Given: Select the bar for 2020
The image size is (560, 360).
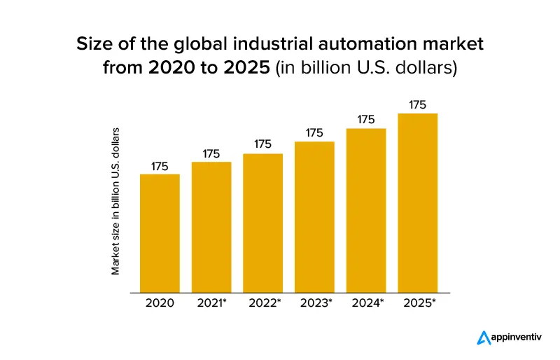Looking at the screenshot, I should (160, 233).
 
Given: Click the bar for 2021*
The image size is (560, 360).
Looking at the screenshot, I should (211, 227).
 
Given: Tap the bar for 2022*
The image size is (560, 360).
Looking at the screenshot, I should (262, 223).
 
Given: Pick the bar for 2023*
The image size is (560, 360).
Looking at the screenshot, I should (314, 216).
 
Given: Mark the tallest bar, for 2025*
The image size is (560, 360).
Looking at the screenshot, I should (417, 202).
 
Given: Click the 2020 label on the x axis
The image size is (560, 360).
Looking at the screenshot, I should (160, 303).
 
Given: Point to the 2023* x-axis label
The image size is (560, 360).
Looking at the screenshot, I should (316, 303).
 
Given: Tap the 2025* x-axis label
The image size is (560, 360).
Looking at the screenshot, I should (419, 303).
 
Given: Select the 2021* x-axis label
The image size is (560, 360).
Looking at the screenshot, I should (213, 303).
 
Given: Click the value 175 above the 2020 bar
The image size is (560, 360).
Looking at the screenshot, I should (160, 166).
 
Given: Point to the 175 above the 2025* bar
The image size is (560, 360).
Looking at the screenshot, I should (417, 105).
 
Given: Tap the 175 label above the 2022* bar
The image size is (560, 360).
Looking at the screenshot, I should (262, 144).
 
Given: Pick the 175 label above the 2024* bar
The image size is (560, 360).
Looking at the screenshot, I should (366, 120).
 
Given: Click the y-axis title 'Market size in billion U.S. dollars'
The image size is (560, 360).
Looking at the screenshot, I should (116, 200).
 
